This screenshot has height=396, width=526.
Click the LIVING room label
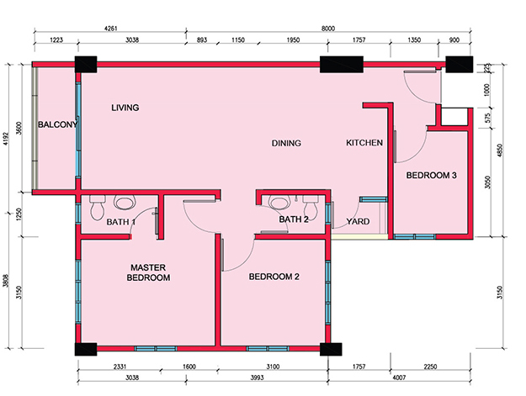click(x=125, y=108)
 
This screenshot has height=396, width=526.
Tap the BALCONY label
click(x=57, y=124)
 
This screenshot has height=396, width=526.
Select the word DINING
click(x=286, y=143)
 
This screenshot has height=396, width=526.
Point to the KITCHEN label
click(x=364, y=143)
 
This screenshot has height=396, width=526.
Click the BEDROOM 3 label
click(x=432, y=175)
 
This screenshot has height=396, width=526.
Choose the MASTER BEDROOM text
click(x=148, y=272)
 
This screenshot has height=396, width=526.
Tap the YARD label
click(x=358, y=221)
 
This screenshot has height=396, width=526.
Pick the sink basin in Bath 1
click(x=125, y=203)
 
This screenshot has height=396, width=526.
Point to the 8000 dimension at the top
click(x=328, y=29)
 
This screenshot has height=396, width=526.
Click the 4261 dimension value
click(x=111, y=29)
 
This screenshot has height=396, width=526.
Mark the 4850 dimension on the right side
click(x=500, y=150)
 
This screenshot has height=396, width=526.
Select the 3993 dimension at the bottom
click(x=257, y=378)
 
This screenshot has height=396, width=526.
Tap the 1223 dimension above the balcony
click(x=56, y=40)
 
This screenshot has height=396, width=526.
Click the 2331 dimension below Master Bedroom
click(x=120, y=367)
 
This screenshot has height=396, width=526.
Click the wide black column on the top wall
click(x=342, y=65)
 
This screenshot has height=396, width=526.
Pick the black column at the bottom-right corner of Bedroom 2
click(x=331, y=349)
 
